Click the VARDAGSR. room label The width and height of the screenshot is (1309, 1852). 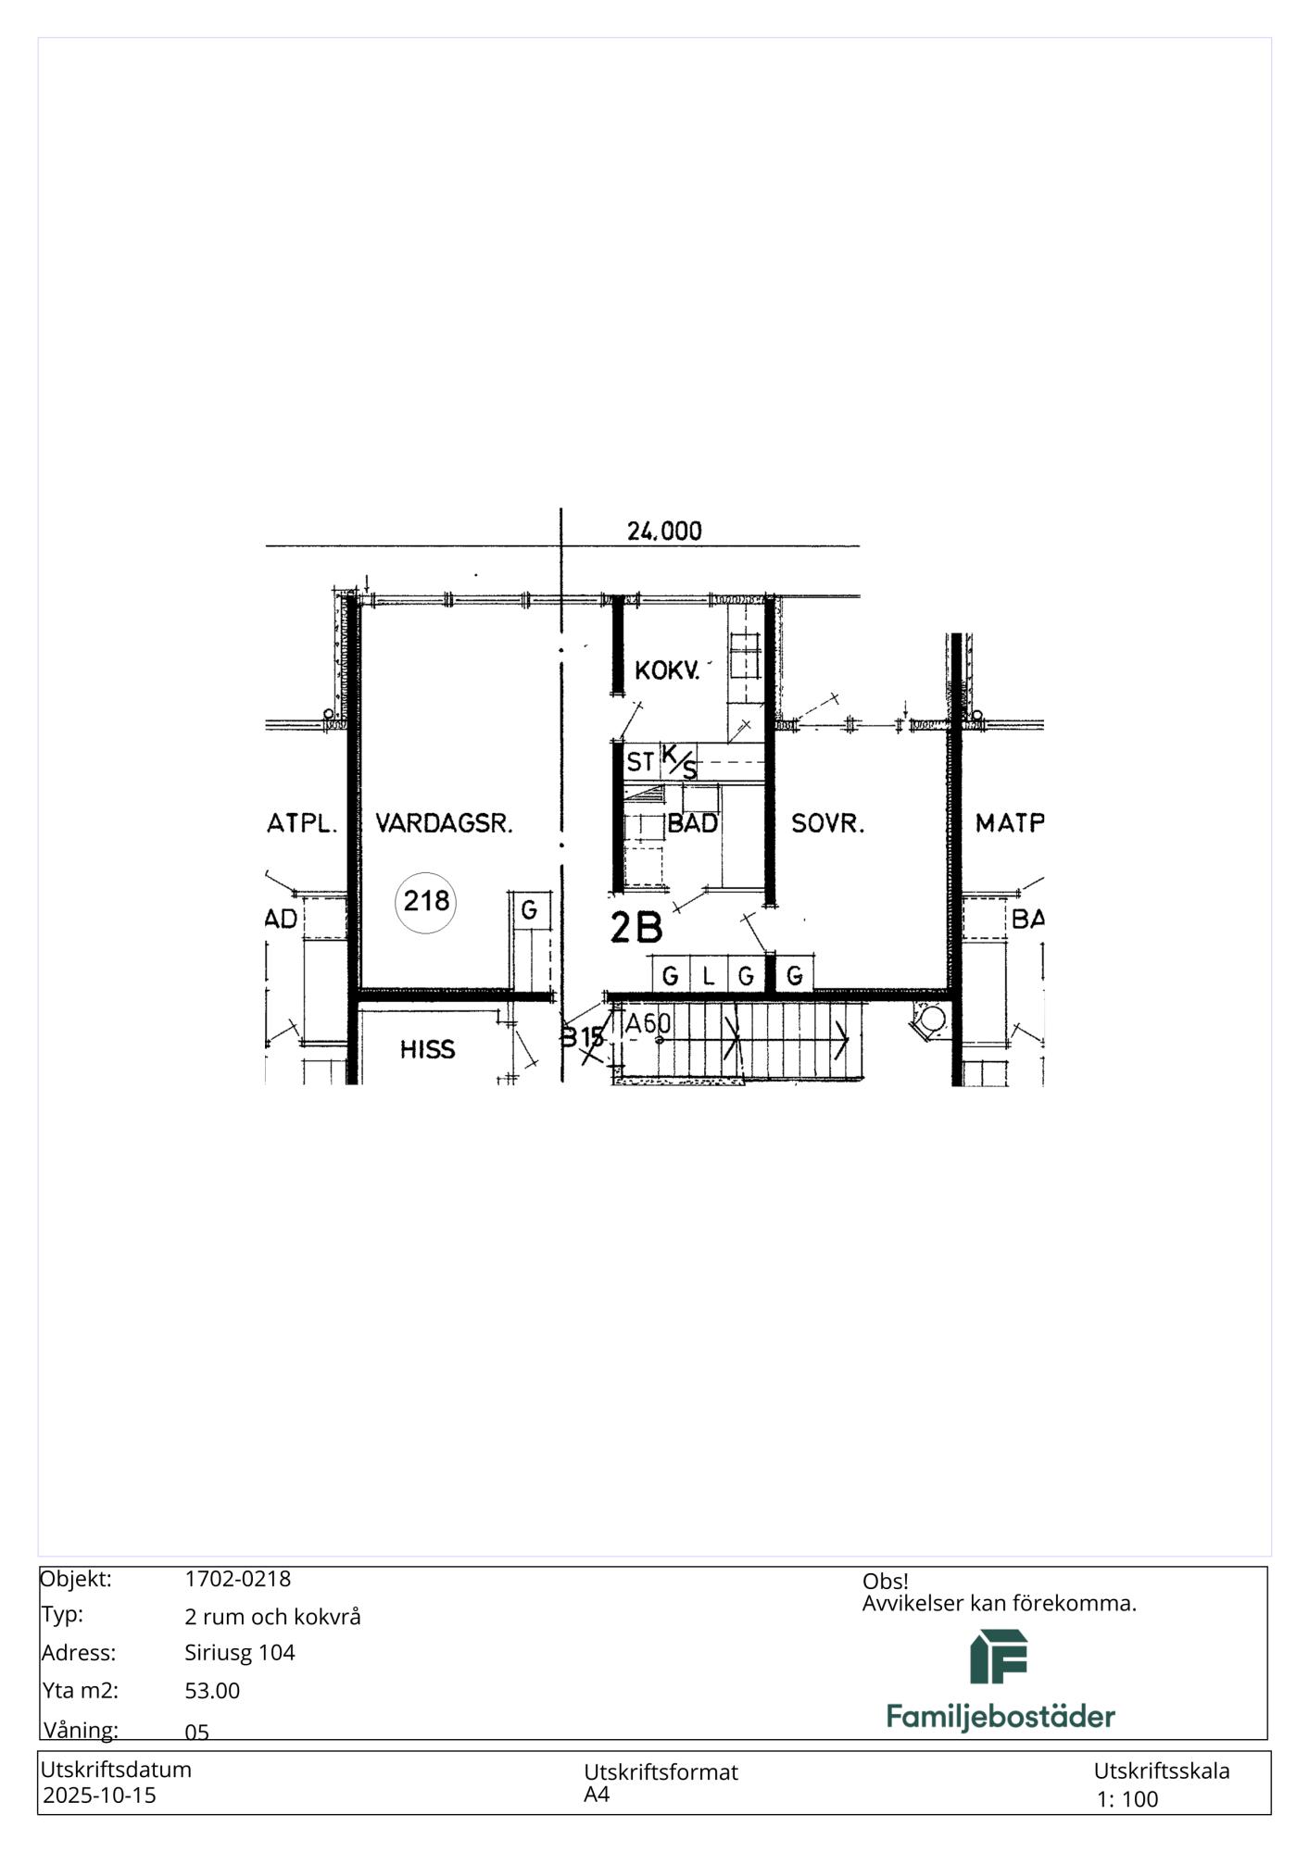[444, 822]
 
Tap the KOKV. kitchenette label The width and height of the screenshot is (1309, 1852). [667, 670]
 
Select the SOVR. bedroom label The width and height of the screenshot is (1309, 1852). [827, 822]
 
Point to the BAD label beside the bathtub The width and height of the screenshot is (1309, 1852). [693, 822]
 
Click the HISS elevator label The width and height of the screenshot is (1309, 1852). [427, 1049]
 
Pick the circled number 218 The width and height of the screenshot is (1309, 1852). [426, 900]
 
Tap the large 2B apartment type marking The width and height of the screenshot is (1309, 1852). [636, 929]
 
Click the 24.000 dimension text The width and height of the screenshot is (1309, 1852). [664, 531]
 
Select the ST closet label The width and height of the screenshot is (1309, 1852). [640, 762]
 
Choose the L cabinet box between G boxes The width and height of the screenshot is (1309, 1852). [709, 974]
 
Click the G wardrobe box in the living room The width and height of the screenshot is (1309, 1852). [529, 910]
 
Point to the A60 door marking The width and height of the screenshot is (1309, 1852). [648, 1023]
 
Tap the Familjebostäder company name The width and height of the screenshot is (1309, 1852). [1001, 1716]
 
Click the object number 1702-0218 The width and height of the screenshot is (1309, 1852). [237, 1579]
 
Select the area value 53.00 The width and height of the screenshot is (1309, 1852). [212, 1690]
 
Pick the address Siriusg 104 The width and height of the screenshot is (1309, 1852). [240, 1652]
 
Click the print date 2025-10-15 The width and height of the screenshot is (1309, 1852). [100, 1795]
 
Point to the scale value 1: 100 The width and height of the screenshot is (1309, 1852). [1127, 1798]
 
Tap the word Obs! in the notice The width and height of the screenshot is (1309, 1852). [885, 1581]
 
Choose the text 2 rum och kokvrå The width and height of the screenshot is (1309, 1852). [272, 1616]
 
